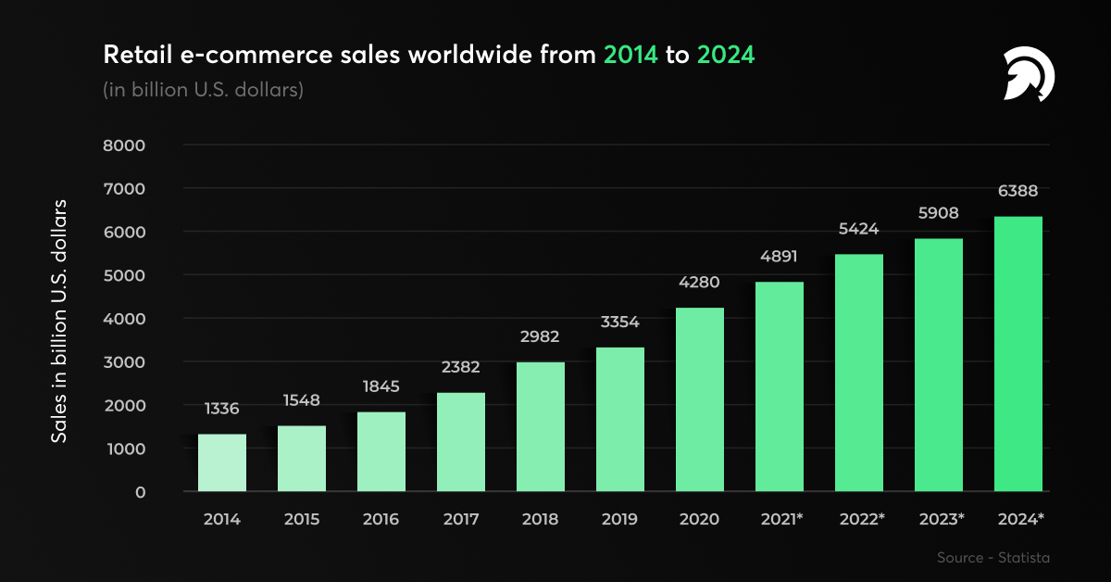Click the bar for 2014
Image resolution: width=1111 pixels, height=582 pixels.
pyautogui.click(x=222, y=462)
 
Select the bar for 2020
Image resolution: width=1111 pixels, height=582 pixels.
pyautogui.click(x=700, y=399)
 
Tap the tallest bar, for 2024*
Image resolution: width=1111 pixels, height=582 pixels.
pyautogui.click(x=1018, y=354)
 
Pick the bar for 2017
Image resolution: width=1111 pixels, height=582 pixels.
pyautogui.click(x=461, y=442)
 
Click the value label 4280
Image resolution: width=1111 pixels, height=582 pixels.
pyautogui.click(x=700, y=282)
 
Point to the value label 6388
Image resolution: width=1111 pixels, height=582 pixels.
pyautogui.click(x=1018, y=191)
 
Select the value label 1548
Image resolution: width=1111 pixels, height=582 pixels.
pyautogui.click(x=302, y=400)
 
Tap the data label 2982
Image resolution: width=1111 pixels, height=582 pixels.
pyautogui.click(x=541, y=335)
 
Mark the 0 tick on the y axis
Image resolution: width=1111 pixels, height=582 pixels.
pyautogui.click(x=140, y=492)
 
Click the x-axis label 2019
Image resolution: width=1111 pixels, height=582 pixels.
pyautogui.click(x=620, y=520)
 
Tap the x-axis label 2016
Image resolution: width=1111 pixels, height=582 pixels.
pyautogui.click(x=381, y=520)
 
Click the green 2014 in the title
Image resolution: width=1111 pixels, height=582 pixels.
pyautogui.click(x=630, y=55)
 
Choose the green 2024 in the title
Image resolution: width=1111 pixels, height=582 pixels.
pyautogui.click(x=726, y=55)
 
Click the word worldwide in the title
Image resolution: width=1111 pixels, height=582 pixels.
pyautogui.click(x=477, y=55)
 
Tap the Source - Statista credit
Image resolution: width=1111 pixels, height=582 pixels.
pyautogui.click(x=993, y=557)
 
